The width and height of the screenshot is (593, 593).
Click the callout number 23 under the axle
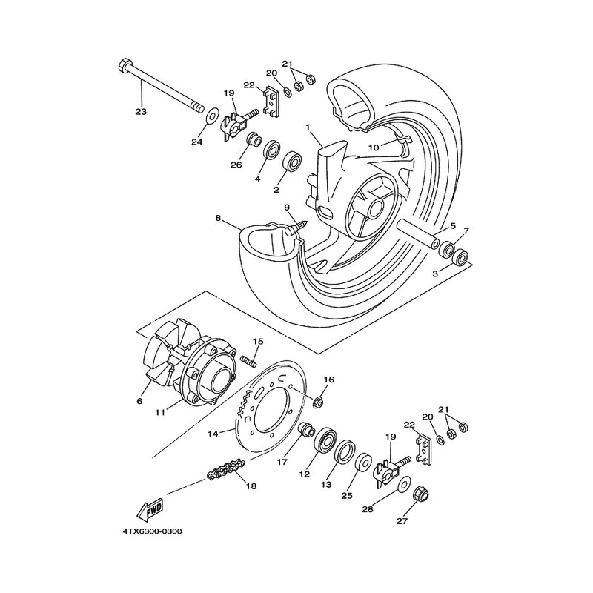141,112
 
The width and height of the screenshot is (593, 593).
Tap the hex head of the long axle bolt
124,65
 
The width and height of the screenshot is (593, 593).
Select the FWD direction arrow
150,510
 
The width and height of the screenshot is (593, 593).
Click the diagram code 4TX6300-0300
152,531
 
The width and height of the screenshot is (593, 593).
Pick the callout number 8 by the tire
219,218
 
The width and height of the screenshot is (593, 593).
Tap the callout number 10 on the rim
374,148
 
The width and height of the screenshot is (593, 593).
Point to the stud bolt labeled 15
249,361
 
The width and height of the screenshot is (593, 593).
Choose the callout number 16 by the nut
330,380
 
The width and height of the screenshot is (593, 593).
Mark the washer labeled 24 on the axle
211,116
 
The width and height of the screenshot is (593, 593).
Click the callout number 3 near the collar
436,274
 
